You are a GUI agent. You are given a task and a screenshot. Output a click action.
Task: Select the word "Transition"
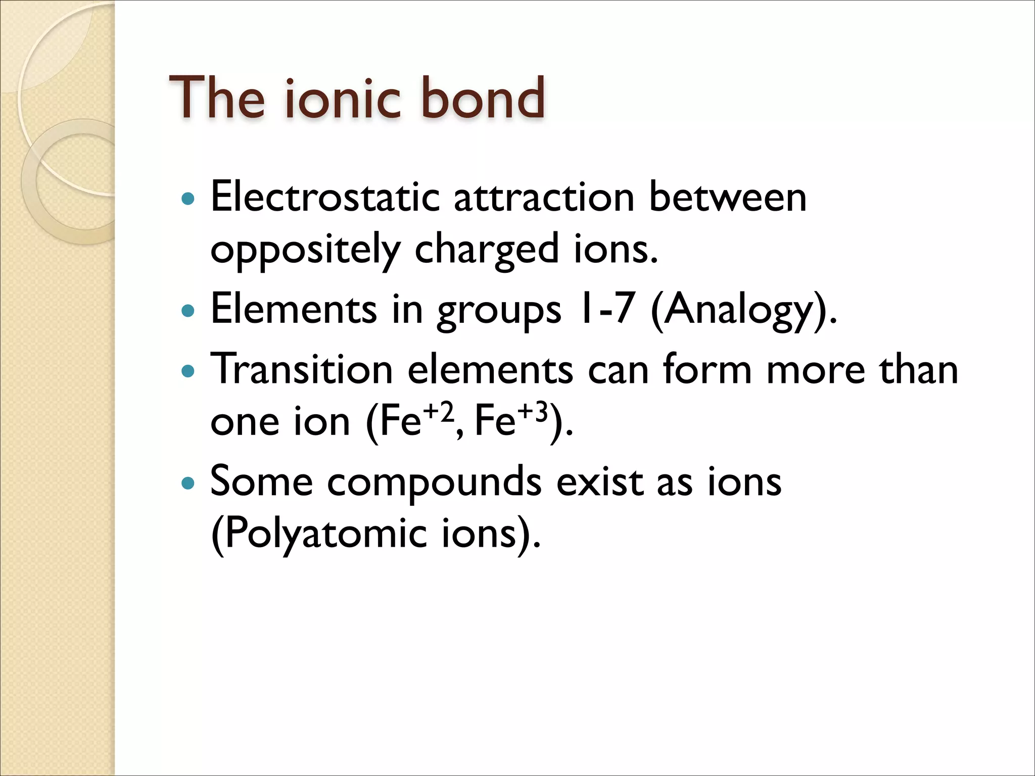coord(302,369)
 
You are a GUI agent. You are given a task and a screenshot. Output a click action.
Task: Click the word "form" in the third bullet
coord(708,369)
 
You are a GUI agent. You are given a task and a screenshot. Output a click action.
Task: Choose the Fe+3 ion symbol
coord(510,420)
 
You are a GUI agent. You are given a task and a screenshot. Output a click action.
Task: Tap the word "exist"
coord(599,481)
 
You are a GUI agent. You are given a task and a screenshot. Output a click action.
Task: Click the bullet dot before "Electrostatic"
coord(187,198)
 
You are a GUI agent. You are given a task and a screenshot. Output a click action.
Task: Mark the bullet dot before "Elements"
coord(187,310)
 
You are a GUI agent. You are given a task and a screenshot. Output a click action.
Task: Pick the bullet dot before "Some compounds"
coord(187,483)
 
